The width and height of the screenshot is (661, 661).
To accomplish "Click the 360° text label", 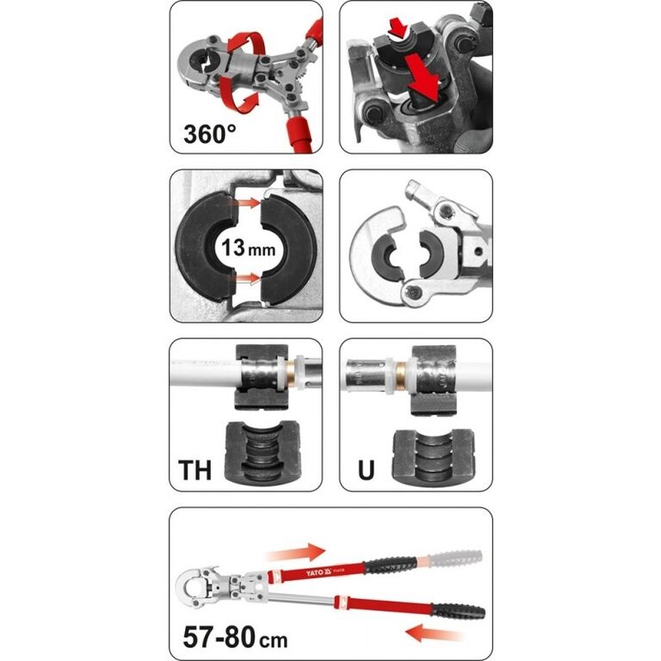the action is [209, 134].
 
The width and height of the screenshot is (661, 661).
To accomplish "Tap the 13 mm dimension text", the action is [248, 248].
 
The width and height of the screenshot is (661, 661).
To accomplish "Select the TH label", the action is [195, 470].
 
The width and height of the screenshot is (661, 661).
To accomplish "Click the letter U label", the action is [366, 470].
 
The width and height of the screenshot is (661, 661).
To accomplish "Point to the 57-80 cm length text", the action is [235, 637].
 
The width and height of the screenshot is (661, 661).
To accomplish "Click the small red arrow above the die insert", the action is [398, 29].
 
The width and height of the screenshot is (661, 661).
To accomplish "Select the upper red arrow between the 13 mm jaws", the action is [248, 203].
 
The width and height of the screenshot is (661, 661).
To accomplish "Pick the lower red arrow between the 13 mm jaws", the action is [248, 278].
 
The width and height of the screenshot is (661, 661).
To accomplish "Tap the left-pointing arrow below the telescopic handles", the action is [434, 633].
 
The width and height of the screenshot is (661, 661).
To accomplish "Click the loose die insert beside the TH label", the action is [263, 452].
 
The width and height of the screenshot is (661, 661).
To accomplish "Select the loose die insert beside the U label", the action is [434, 456].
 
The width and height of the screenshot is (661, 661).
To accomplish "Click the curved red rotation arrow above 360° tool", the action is [247, 43].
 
